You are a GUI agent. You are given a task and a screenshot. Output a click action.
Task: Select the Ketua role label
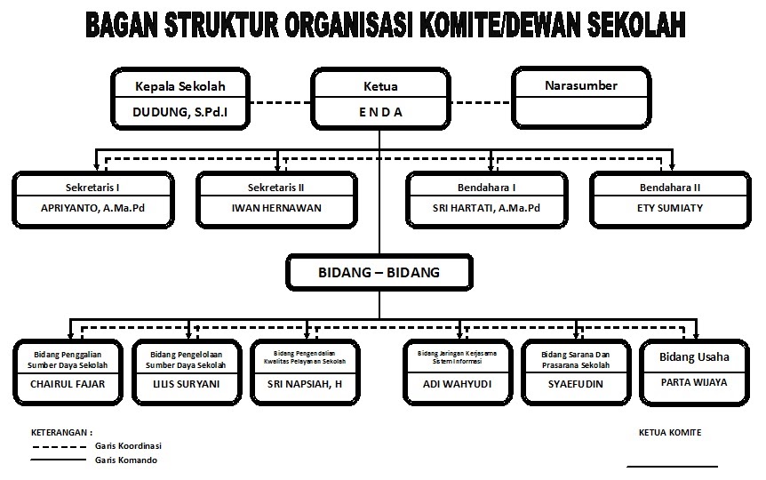click(380, 86)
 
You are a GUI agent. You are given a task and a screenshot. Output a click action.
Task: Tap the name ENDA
click(380, 112)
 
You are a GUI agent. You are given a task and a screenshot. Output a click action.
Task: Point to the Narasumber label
click(580, 85)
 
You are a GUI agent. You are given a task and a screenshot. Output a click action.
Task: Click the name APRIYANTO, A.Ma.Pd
click(93, 208)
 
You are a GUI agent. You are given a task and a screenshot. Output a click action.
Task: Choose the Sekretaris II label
click(276, 188)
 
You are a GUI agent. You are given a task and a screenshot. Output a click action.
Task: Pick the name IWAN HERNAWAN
click(276, 208)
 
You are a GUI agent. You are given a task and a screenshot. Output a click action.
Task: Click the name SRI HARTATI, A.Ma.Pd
click(486, 208)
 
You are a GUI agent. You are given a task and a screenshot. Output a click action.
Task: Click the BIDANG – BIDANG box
click(379, 272)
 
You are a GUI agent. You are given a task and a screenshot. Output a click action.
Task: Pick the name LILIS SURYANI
click(186, 384)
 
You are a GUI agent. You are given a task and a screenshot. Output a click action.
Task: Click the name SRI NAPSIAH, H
click(305, 384)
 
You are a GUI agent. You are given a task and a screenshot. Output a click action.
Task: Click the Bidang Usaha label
click(694, 357)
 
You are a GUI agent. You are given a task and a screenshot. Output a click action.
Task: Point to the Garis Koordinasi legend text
click(128, 445)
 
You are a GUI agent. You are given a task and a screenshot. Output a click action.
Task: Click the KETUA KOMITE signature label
click(669, 433)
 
